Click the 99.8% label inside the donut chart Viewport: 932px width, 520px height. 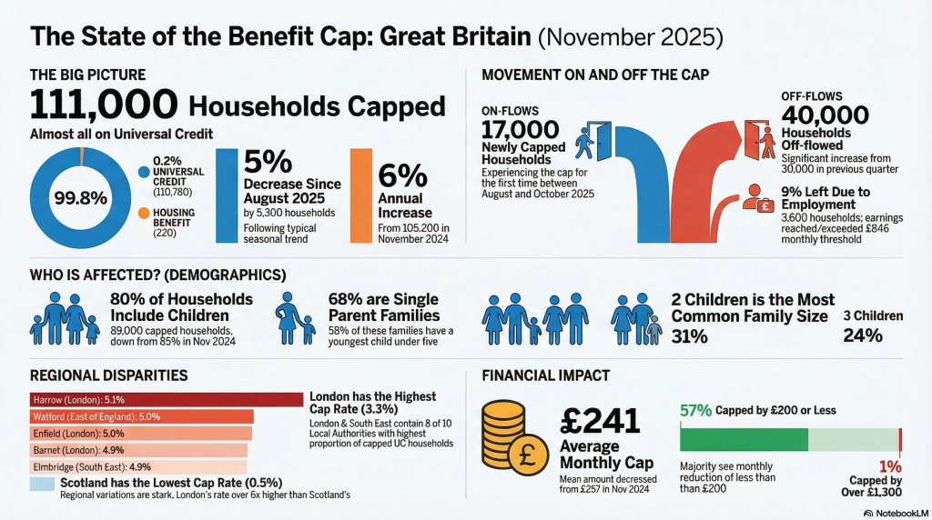[x=81, y=197]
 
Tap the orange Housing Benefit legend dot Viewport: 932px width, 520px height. [x=143, y=213]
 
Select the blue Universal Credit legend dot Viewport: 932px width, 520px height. [x=143, y=172]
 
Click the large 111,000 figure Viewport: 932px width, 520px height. [x=104, y=105]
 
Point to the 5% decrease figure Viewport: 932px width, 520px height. [x=268, y=161]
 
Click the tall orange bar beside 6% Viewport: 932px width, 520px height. [x=360, y=195]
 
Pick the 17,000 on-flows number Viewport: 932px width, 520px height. [x=520, y=129]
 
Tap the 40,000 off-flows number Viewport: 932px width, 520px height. [x=825, y=115]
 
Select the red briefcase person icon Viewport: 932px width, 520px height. [x=758, y=198]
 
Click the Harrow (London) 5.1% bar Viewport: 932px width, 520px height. [x=167, y=399]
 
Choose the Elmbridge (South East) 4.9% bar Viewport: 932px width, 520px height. [x=138, y=466]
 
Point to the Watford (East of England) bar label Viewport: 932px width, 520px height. [x=96, y=416]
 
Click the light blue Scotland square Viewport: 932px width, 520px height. [x=42, y=485]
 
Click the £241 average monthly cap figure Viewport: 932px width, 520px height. [x=600, y=421]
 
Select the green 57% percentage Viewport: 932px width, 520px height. [x=695, y=410]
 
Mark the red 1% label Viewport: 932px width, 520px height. [x=890, y=466]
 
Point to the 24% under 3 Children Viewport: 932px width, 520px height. [x=863, y=336]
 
